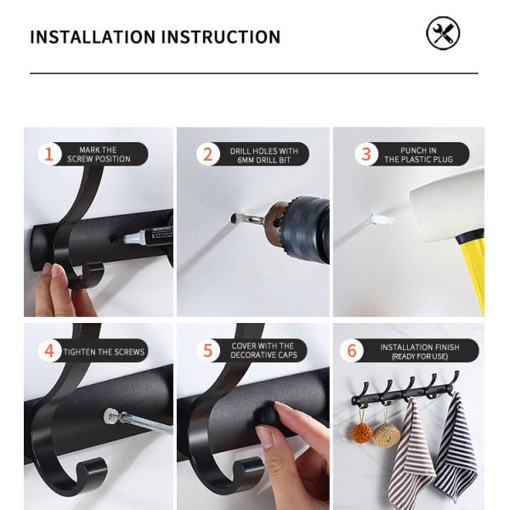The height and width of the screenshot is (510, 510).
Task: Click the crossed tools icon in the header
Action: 442,34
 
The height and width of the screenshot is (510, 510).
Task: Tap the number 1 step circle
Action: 49,154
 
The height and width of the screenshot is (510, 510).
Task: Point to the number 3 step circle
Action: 366,154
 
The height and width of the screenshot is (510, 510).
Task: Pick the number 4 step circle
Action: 49,351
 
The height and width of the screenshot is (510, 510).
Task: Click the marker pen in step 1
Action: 144,237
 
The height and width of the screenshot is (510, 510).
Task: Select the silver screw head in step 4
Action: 110,416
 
